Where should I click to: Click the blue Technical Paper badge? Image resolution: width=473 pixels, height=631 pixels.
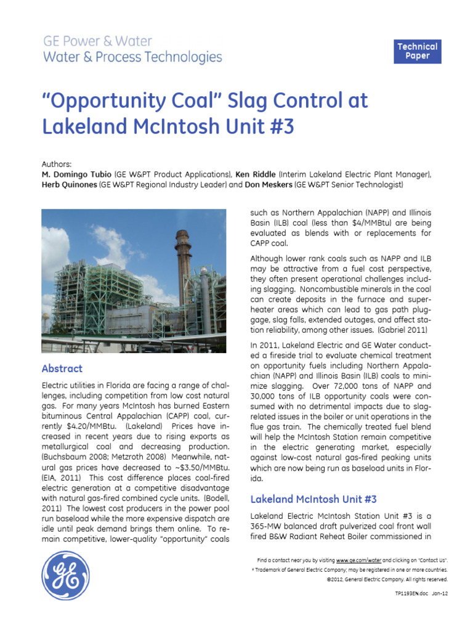417,51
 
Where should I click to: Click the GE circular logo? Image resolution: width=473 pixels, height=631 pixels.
65,575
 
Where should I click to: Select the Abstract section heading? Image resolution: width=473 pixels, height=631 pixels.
62,368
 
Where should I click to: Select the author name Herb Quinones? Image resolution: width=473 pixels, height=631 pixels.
69,185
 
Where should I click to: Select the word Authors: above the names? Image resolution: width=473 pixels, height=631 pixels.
57,165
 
